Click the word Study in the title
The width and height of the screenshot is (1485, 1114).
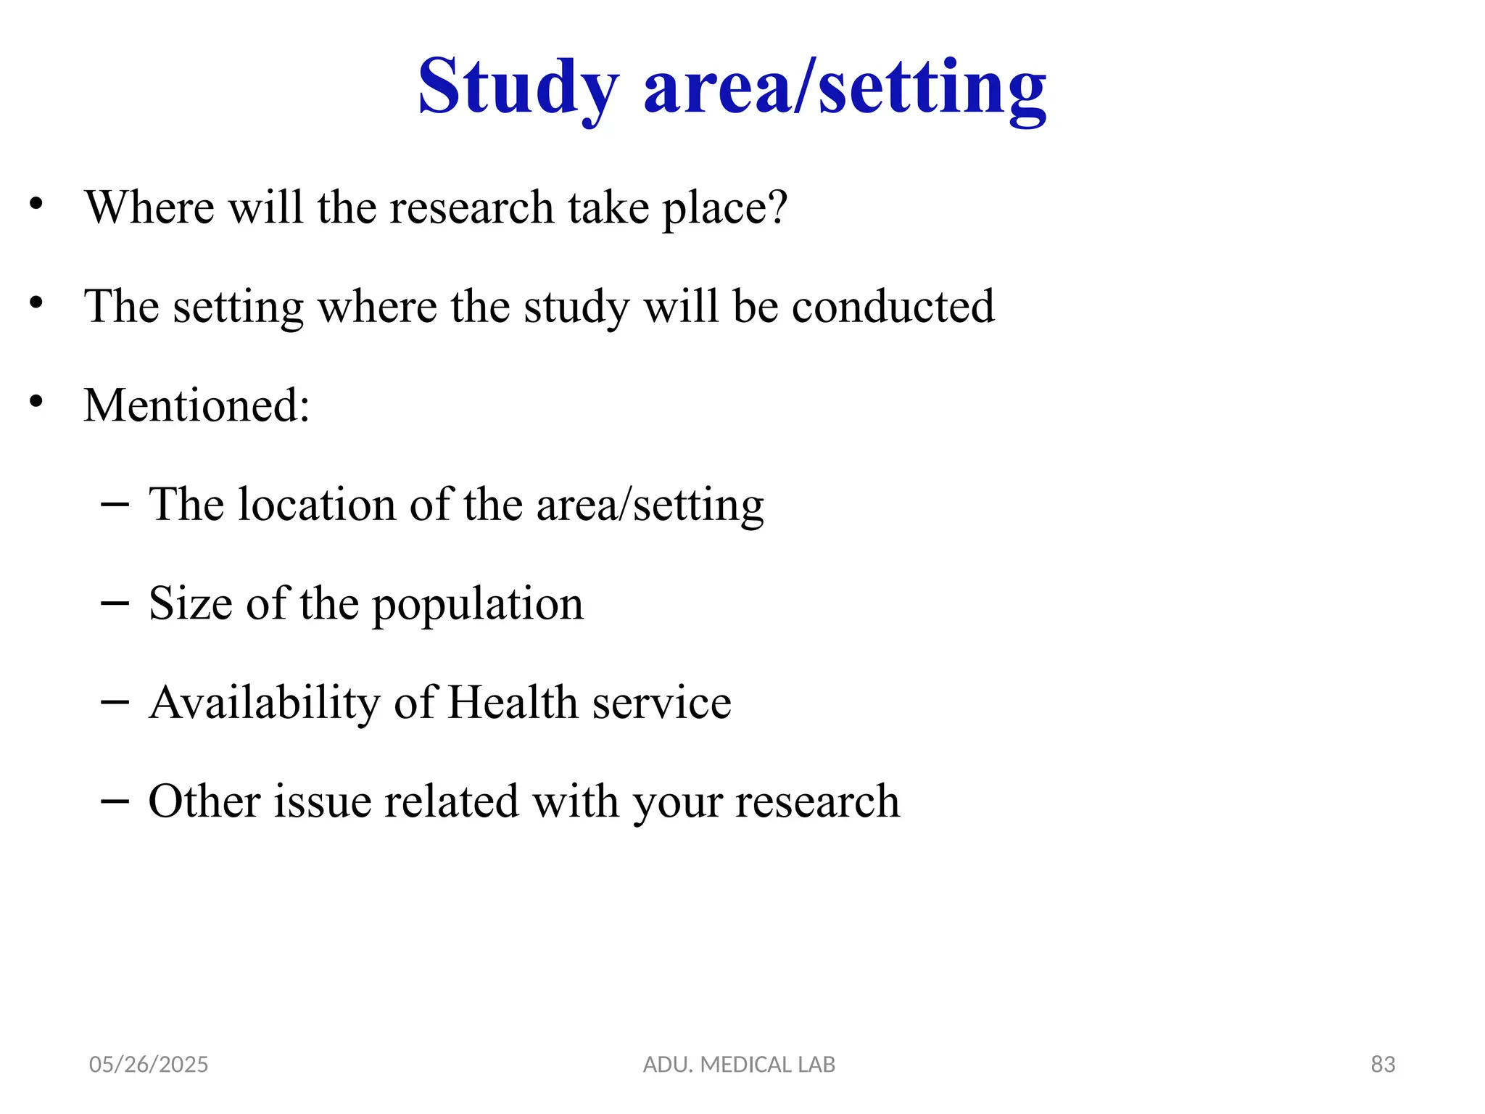[518, 88]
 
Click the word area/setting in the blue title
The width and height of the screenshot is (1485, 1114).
[845, 88]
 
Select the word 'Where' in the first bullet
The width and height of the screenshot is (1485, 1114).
[149, 207]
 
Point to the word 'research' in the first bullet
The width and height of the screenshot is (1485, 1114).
[471, 207]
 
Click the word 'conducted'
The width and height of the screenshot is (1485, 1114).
[893, 306]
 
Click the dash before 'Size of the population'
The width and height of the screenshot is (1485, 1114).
[115, 603]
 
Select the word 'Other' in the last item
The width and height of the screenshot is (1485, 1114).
[204, 801]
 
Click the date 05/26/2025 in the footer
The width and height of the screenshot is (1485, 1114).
[149, 1064]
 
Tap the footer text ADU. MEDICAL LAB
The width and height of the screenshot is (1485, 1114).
[739, 1064]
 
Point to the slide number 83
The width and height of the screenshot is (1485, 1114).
[1383, 1064]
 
